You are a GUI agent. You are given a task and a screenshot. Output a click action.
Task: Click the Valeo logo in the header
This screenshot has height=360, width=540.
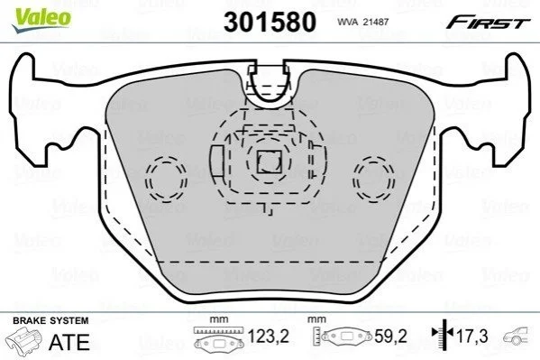pos(41,20)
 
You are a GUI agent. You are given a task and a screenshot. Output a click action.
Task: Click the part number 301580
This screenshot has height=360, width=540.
pos(270,22)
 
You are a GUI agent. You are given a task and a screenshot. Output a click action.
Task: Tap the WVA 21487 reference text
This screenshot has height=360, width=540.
pos(362,22)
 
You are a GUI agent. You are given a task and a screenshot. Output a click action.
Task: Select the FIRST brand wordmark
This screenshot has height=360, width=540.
pos(488,23)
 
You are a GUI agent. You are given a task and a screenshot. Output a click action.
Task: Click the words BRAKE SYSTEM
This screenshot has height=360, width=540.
pos(50,320)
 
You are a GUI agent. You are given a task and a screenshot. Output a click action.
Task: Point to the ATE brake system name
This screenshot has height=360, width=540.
pos(69,343)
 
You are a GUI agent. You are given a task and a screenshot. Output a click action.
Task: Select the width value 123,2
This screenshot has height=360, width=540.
pos(269,337)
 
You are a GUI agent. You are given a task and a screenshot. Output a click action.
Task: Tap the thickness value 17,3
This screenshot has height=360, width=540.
pos(471,337)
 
